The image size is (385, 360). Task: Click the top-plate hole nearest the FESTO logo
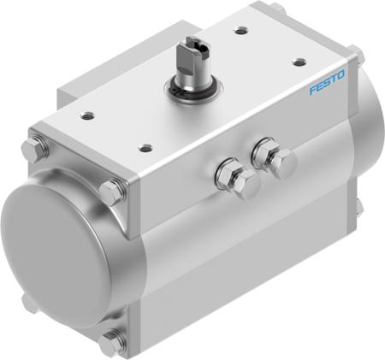click(299, 62)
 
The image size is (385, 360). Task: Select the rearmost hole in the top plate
click(242, 31)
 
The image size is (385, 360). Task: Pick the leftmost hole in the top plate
click(90, 113)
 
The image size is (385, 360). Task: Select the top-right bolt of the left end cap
click(111, 191)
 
